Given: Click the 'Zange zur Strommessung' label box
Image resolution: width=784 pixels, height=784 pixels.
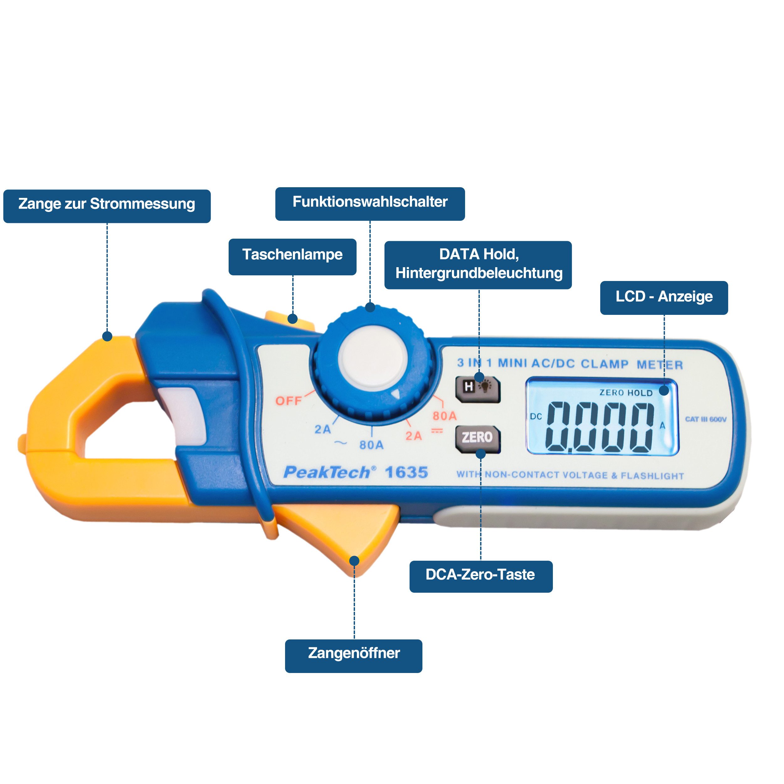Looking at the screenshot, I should click(x=107, y=206).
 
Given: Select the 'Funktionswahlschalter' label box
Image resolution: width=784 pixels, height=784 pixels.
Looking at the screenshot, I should click(x=370, y=204).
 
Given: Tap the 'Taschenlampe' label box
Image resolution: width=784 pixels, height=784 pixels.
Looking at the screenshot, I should click(x=292, y=257).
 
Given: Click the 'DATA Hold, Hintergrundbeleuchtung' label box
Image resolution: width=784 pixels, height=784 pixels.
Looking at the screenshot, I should click(x=478, y=265).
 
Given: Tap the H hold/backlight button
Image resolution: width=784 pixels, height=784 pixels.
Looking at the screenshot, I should click(x=477, y=389).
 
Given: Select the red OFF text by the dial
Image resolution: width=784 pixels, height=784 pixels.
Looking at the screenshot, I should click(x=288, y=401).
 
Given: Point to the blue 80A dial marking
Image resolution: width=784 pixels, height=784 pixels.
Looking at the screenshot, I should click(x=371, y=445).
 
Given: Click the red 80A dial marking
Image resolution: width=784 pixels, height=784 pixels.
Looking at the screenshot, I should click(x=444, y=416).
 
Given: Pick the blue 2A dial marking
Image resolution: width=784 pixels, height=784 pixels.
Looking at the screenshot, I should click(x=323, y=429).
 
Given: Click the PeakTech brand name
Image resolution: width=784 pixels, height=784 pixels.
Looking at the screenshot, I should click(x=329, y=472).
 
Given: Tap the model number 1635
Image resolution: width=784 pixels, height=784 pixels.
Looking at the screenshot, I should click(x=406, y=472).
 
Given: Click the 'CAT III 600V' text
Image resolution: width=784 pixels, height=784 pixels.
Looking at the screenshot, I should click(x=705, y=419).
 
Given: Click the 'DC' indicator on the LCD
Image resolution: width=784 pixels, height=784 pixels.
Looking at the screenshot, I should click(x=536, y=416).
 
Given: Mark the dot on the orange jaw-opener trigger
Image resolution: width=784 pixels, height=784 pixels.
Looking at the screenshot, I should click(x=354, y=560).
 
